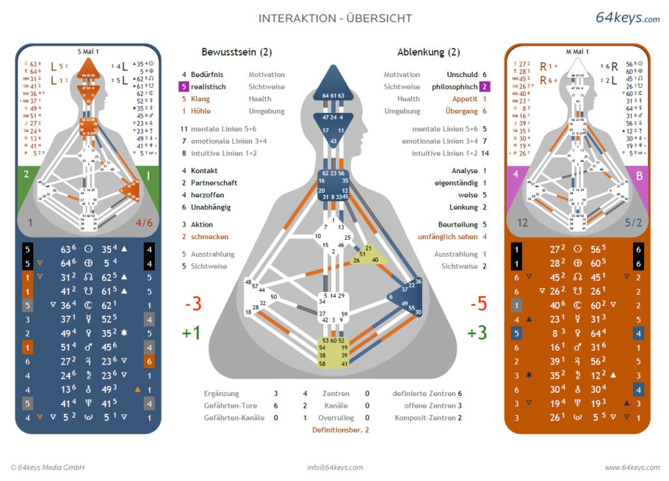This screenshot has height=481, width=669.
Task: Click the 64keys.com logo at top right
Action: (627, 18)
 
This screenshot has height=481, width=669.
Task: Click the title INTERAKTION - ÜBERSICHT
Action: (335, 18)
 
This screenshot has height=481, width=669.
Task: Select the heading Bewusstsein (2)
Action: (237, 52)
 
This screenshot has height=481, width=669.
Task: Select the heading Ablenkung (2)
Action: (429, 52)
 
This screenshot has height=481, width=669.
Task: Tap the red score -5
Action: (478, 304)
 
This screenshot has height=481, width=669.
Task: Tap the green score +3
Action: (478, 333)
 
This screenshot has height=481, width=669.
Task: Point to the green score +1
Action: (191, 333)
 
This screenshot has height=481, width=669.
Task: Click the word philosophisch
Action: (454, 87)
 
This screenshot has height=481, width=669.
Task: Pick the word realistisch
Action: (208, 87)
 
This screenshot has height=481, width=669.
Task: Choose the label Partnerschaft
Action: (214, 183)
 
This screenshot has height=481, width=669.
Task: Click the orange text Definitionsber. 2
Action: (340, 429)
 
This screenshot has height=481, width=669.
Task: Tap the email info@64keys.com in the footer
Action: (335, 467)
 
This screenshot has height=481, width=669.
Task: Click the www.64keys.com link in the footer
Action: (632, 467)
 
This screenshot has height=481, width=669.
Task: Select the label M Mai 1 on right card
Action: (577, 51)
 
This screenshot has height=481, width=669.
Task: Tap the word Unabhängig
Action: (211, 207)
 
